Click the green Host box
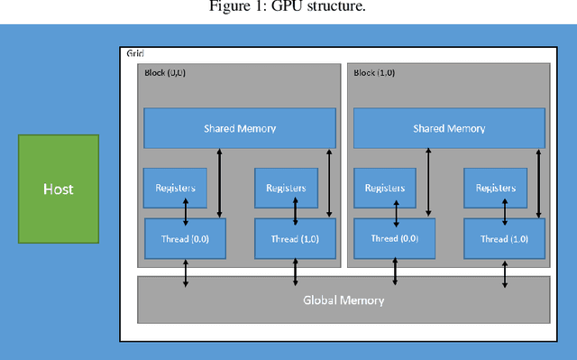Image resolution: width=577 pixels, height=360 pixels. pos(59,189)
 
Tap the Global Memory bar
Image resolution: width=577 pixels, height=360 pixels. pos(343,300)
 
